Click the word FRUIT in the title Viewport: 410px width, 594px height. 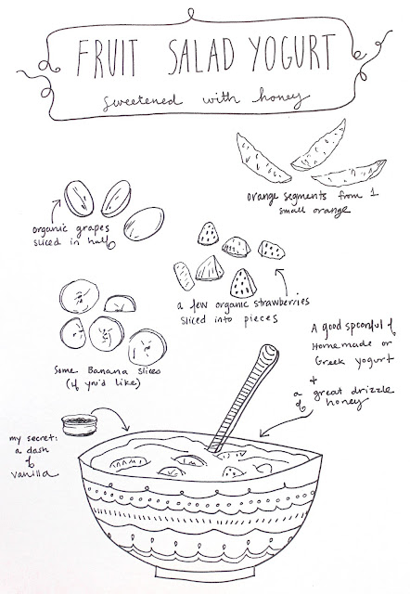click(107, 58)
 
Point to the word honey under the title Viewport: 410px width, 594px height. click(280, 98)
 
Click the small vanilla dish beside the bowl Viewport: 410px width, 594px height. click(80, 425)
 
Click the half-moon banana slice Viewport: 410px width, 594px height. click(120, 303)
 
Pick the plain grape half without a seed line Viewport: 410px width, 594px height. click(144, 224)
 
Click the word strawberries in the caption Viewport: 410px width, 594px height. click(281, 303)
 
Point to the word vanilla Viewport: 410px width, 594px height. click(34, 473)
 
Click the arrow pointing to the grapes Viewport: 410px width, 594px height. click(55, 212)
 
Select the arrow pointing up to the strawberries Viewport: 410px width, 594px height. click(282, 281)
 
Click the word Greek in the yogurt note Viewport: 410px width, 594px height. click(329, 361)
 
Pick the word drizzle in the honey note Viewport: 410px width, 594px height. click(372, 391)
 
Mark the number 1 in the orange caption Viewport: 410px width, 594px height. click(374, 194)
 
